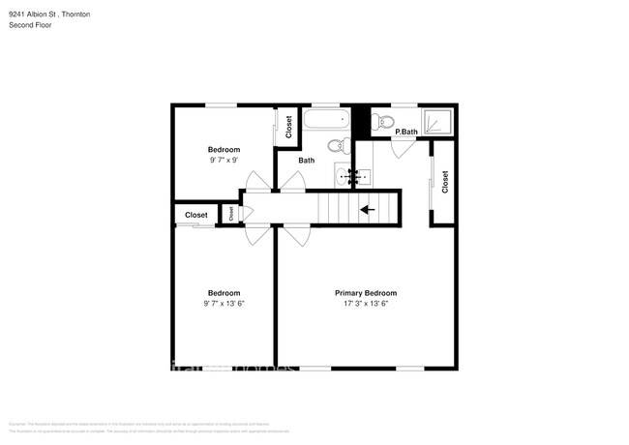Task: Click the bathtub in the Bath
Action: tap(325, 121)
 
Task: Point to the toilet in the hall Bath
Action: tap(336, 146)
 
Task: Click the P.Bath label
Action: tap(406, 132)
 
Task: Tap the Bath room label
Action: tap(306, 161)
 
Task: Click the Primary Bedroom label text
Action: tap(366, 293)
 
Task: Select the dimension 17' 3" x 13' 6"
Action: tap(366, 304)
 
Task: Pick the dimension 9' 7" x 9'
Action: tap(224, 161)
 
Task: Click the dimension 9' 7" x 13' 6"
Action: tap(224, 304)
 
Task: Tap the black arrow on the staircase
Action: tap(367, 208)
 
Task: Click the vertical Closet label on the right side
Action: tap(445, 182)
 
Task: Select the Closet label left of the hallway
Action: tap(196, 215)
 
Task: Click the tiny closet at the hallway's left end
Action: tap(230, 214)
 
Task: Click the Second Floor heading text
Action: tap(30, 25)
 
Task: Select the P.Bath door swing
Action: tap(403, 148)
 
